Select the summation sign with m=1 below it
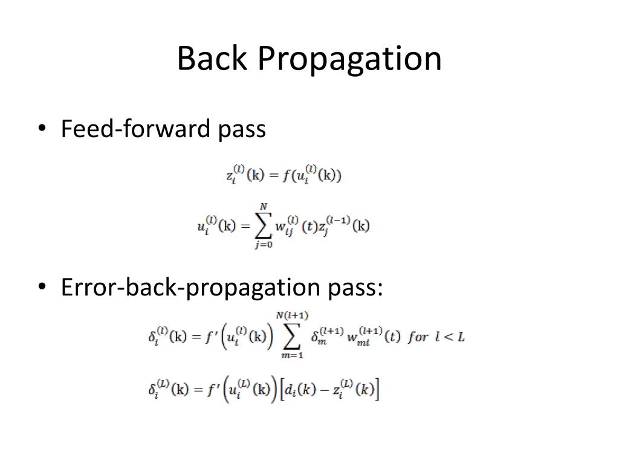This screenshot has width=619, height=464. pos(291,336)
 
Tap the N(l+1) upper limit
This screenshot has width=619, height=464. pos(292,316)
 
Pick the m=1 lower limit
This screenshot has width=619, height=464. pos(291,355)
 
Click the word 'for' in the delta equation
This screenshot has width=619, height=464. pos(418,337)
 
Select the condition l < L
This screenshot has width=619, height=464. pos(450,337)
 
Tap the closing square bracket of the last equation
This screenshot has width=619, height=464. pos(377,389)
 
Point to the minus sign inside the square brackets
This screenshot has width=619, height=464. pos(324,389)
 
